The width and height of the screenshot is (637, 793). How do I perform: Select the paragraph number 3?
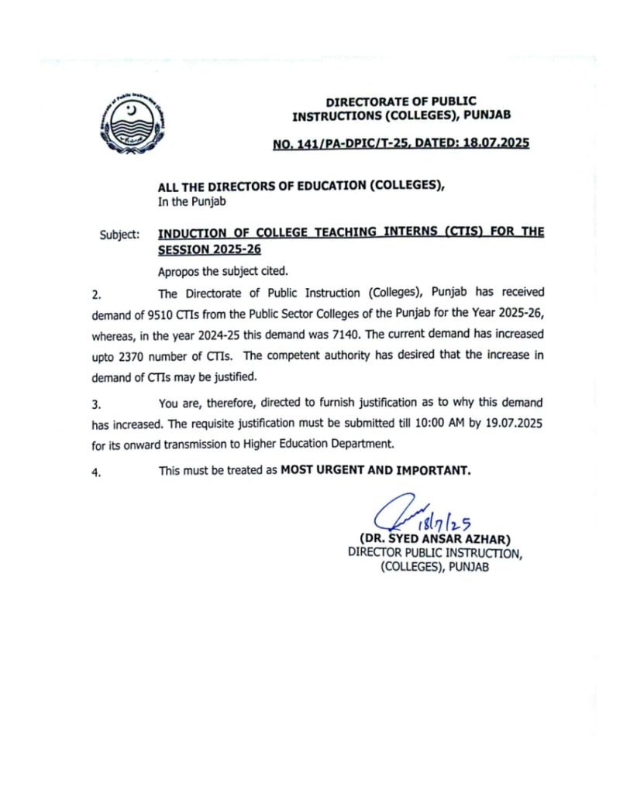click(x=96, y=404)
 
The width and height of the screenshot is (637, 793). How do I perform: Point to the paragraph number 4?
click(x=96, y=472)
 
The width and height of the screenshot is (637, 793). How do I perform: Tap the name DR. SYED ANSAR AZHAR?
click(x=435, y=539)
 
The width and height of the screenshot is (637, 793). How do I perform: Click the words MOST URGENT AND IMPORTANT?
click(x=375, y=470)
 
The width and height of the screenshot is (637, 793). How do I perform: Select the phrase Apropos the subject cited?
click(x=222, y=272)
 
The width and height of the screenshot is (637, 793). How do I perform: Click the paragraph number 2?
click(x=96, y=294)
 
